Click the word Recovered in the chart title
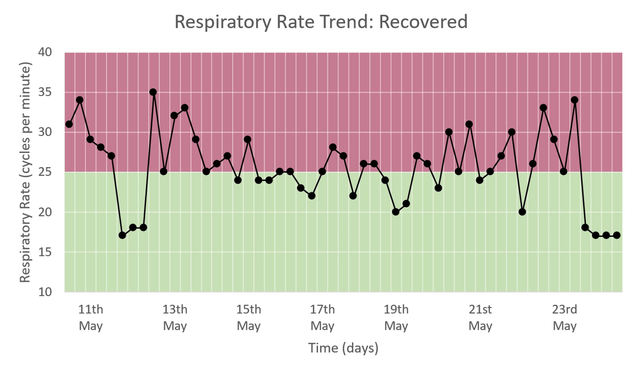click(x=423, y=22)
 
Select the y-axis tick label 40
click(x=45, y=52)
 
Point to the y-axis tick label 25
click(x=45, y=172)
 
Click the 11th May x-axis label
click(x=91, y=318)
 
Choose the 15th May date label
click(x=248, y=318)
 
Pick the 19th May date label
click(x=396, y=318)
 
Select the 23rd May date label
click(x=564, y=318)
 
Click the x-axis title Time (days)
click(x=343, y=348)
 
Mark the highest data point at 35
click(x=153, y=92)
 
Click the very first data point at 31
click(x=69, y=124)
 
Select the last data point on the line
click(x=617, y=235)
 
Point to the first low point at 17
click(x=122, y=235)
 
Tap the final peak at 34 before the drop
click(x=574, y=100)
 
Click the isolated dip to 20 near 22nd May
click(x=522, y=212)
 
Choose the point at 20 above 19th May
click(x=396, y=212)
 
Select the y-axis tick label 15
click(x=45, y=252)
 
